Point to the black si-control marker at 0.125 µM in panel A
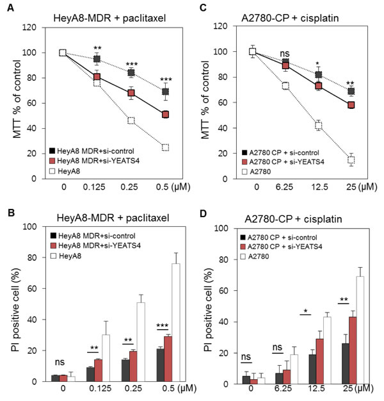(97, 59)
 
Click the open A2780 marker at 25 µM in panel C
(351, 160)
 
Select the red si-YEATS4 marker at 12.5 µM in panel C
(319, 86)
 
